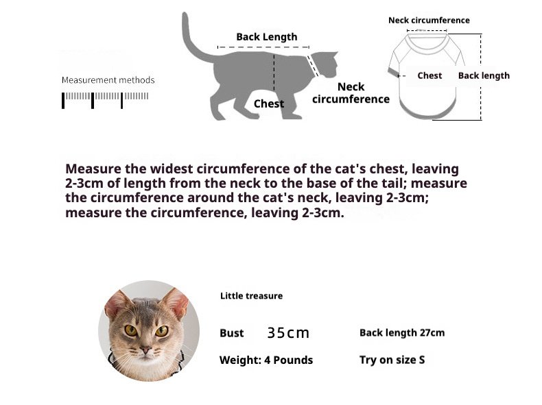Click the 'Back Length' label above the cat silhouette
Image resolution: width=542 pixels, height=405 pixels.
coord(266,37)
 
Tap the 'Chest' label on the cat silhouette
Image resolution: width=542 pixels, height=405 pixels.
coord(268,103)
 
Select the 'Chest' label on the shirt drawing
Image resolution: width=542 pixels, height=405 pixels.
coord(429,75)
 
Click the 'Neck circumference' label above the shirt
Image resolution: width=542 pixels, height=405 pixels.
coord(429,21)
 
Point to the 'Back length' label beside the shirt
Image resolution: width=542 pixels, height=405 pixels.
coord(484,75)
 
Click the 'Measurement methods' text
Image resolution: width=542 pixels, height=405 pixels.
coord(108,80)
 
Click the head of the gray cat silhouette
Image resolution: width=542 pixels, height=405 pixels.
coord(326,64)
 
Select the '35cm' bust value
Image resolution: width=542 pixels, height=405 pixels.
coord(288,333)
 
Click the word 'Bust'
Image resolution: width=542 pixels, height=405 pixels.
coord(232,333)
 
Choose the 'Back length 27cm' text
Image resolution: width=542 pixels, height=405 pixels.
coord(402,332)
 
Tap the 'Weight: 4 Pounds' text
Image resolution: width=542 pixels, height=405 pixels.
coord(266,360)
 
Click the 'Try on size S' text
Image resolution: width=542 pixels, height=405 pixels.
coord(392,360)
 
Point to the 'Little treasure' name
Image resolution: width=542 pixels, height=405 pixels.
coord(251,296)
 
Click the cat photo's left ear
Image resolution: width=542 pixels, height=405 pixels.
coord(117,304)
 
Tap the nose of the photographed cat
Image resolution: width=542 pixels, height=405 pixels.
coord(146,350)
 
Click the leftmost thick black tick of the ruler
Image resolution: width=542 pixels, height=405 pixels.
coord(63,101)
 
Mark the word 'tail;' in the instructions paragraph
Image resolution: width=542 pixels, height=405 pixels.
coord(395,183)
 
